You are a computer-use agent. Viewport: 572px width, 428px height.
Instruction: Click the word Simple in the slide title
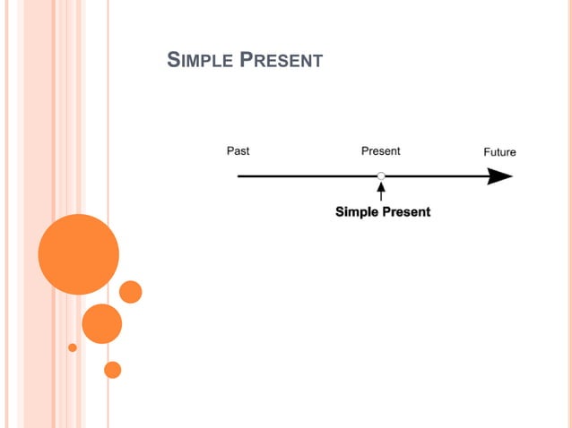198,61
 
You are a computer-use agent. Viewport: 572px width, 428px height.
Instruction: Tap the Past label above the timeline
238,151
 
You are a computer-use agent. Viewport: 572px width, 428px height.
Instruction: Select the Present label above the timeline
380,151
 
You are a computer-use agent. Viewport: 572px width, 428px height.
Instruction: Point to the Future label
499,152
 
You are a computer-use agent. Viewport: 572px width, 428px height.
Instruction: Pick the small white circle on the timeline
381,176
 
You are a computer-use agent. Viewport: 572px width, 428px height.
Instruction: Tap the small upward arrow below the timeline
381,191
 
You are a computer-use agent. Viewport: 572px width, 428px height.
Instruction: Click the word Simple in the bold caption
358,212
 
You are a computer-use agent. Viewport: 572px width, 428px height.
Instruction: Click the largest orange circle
79,254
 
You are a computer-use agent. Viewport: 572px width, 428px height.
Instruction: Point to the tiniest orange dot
73,347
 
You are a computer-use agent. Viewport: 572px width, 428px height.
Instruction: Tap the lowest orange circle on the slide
112,369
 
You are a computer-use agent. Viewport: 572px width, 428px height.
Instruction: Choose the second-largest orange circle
101,323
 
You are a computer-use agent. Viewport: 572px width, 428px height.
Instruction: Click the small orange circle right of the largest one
131,292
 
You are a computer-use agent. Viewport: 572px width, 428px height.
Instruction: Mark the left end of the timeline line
239,176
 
